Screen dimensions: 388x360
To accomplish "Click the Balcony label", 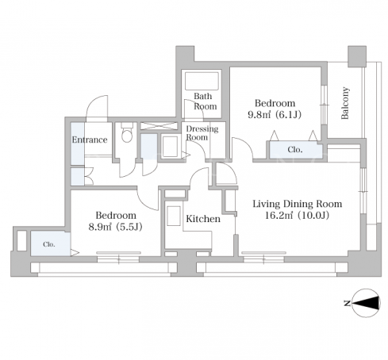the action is tap(345, 103).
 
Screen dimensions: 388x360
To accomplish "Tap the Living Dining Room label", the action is tap(298, 204).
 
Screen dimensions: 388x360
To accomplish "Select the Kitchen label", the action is tap(203, 219).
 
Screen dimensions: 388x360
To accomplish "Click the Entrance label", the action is tap(90, 140).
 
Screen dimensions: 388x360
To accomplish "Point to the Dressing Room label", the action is tap(202, 133).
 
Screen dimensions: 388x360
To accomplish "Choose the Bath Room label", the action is tap(206, 101).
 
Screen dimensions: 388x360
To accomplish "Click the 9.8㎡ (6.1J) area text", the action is tap(275, 114).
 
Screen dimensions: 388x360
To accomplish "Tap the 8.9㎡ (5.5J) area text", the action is tap(115, 227).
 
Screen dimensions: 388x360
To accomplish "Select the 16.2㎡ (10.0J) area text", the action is tap(297, 216).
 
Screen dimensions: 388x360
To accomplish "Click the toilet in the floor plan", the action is tap(127, 132).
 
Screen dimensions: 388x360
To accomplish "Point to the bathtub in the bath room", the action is tap(202, 81).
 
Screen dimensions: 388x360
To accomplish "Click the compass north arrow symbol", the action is tap(367, 303).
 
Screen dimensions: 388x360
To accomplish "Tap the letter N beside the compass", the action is tap(348, 303).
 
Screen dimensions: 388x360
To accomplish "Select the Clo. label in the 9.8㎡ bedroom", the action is tap(295, 150).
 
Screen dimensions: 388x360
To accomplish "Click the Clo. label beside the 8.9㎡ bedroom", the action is tap(49, 244).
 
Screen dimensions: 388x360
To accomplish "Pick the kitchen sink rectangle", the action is tap(174, 216).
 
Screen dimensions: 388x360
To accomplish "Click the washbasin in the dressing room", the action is tap(171, 146).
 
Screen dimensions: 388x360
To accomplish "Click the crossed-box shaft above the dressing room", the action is tap(158, 126).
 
